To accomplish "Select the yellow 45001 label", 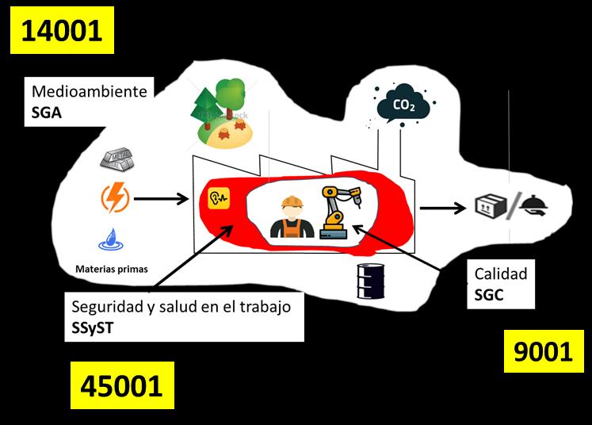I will pos(121,385).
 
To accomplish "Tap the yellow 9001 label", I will pos(543,350).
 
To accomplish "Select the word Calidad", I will pos(500,274).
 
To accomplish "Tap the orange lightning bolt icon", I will pos(115,198).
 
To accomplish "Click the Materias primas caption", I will pos(111,268).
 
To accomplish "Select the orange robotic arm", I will pos(338,210).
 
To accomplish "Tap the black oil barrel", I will pos(371,279).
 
